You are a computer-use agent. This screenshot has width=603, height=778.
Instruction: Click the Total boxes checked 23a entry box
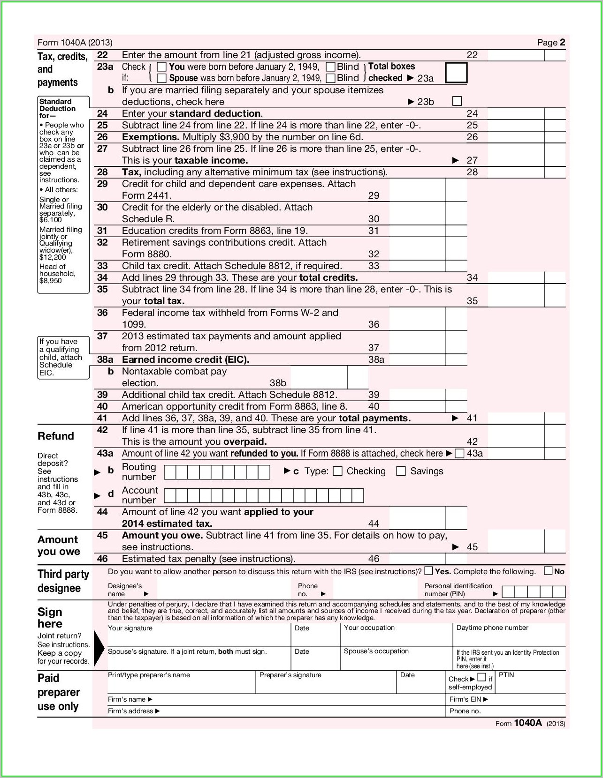click(456, 73)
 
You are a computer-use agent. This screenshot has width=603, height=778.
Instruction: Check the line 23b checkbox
click(457, 101)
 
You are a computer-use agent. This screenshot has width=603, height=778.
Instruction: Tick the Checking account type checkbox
click(337, 471)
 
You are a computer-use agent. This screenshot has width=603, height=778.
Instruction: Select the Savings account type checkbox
click(401, 471)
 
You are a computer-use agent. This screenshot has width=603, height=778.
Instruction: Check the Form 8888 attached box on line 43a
click(460, 453)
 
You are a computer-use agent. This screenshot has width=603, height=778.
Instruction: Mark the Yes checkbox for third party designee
click(428, 571)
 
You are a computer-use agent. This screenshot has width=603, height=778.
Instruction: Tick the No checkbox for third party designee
click(548, 571)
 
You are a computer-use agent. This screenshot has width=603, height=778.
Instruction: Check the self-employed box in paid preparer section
click(481, 677)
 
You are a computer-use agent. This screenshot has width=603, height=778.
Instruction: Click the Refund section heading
click(56, 436)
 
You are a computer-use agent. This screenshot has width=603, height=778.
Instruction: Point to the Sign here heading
click(50, 618)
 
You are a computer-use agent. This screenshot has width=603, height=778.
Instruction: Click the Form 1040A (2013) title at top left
click(75, 43)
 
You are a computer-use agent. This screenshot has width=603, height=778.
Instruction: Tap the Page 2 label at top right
click(551, 43)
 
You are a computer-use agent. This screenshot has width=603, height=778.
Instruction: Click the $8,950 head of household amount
click(51, 281)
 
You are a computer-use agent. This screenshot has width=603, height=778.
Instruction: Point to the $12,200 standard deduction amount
click(53, 257)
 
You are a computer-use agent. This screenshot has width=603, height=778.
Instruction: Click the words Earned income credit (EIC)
click(185, 359)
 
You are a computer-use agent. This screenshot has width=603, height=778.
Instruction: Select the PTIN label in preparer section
click(506, 675)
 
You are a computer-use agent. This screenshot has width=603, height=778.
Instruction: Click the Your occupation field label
click(369, 628)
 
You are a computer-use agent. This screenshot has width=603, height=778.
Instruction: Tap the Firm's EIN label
click(468, 699)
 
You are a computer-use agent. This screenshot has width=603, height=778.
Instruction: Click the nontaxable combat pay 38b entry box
click(319, 378)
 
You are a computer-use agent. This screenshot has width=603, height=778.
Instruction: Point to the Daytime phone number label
click(492, 628)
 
